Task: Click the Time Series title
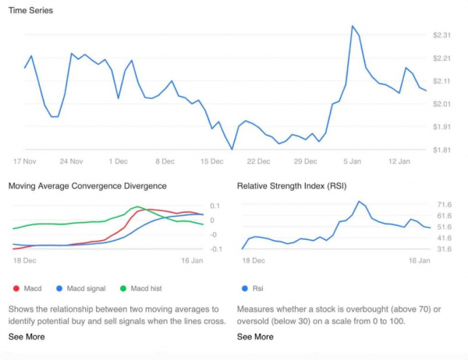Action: [30, 10]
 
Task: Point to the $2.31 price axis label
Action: [441, 35]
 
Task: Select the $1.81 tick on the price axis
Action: [441, 150]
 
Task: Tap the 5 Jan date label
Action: [353, 161]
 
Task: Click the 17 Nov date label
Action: [25, 161]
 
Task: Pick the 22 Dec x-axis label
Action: [258, 161]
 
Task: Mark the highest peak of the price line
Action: [353, 26]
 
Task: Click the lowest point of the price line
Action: [232, 149]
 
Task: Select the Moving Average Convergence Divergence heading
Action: [87, 186]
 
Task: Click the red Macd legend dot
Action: [16, 288]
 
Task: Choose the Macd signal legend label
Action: [86, 288]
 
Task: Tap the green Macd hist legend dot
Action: [123, 288]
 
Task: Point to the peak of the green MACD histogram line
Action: [137, 206]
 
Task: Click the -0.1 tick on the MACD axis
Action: [216, 249]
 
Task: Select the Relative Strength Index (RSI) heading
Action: [292, 186]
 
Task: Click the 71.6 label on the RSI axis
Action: [444, 205]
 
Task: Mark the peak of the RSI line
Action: [359, 202]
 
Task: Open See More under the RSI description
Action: [255, 337]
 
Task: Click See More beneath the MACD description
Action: [27, 337]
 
